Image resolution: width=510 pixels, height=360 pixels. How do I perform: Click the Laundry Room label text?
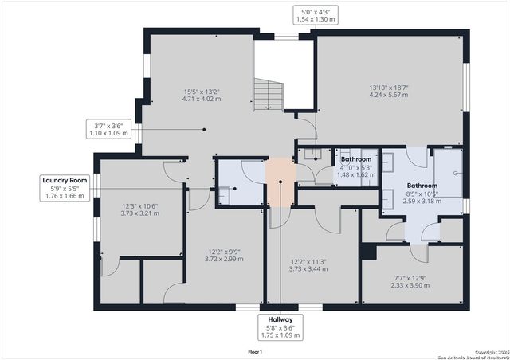(x=65, y=181)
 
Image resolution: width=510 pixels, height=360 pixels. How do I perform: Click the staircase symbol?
(x=269, y=93)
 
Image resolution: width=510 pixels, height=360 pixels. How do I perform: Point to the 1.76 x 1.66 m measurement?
(x=65, y=196)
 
